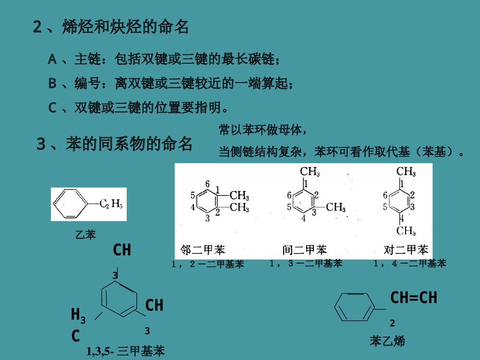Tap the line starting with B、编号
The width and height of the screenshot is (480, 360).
[170, 84]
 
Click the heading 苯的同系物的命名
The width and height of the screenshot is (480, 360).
[115, 144]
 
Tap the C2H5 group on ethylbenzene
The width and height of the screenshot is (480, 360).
[111, 204]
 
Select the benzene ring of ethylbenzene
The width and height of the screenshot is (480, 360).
[70, 204]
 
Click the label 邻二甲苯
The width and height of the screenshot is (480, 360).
[203, 250]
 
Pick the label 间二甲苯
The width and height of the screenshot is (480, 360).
[304, 250]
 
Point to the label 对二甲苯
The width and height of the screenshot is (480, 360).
[406, 250]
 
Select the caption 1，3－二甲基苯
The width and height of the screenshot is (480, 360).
[306, 263]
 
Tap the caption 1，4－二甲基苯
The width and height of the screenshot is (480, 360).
[409, 263]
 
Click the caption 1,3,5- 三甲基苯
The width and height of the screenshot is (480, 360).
[126, 351]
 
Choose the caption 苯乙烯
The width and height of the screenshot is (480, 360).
[387, 341]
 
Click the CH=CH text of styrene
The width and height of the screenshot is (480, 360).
[413, 298]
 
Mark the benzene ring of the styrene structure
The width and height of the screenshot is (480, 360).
[353, 307]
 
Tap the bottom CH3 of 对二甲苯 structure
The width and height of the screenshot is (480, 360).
[406, 231]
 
